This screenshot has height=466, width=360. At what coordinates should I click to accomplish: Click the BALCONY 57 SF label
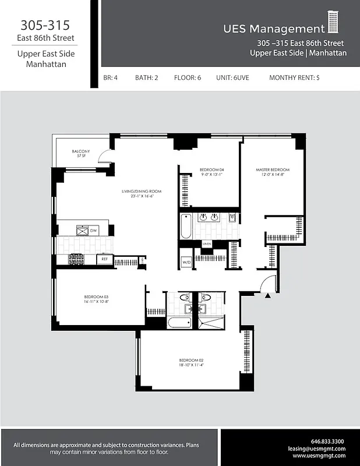coord(80,153)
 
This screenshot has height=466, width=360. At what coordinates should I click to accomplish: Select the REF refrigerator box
coord(105,259)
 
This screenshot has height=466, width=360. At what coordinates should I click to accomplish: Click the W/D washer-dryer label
coord(186,262)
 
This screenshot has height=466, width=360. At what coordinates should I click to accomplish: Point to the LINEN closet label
coord(206,243)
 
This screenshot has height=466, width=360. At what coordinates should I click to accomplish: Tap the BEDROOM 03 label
coord(97,299)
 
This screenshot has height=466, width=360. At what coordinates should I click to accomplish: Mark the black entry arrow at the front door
coord(268,296)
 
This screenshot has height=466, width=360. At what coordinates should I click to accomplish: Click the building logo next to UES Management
coord(333,23)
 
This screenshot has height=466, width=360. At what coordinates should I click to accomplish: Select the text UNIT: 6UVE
coord(232,77)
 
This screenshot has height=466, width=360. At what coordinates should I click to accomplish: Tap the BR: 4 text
coord(111,77)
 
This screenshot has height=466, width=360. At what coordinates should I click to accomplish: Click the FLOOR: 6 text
coord(187,77)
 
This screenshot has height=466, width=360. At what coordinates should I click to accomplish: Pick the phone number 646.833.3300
coord(327,441)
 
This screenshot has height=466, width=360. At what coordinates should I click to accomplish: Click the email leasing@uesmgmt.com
coord(317,449)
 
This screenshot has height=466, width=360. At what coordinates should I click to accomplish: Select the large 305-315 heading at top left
coord(45,26)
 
